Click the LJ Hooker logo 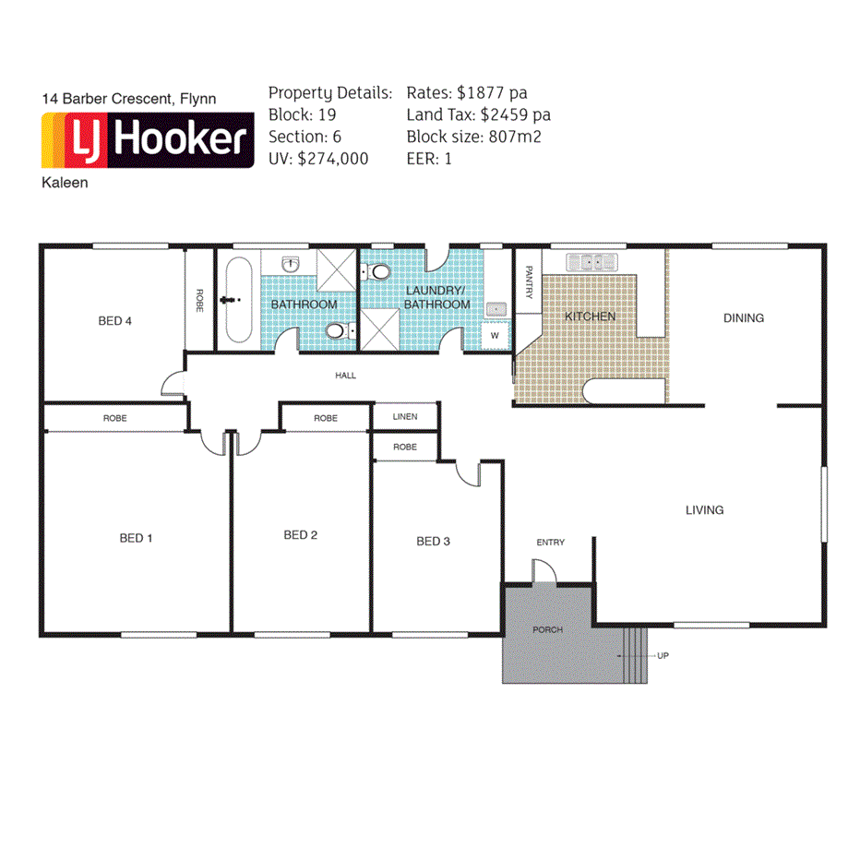(x=148, y=140)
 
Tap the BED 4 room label (x=115, y=321)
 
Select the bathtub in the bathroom (x=238, y=300)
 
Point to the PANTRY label (x=529, y=282)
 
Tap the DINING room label (x=743, y=317)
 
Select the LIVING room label (x=704, y=509)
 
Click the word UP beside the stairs (x=662, y=655)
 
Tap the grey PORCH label (x=547, y=629)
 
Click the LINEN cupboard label (x=404, y=417)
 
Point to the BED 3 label (x=433, y=541)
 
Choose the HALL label (x=345, y=376)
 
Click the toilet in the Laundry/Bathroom (x=376, y=271)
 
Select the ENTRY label (x=550, y=543)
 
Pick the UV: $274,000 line (x=318, y=159)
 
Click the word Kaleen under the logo (x=65, y=183)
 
